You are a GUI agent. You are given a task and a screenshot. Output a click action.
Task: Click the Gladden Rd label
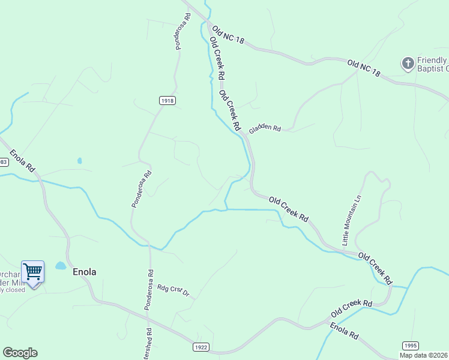click(x=265, y=128)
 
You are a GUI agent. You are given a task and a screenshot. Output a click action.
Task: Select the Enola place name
click(x=84, y=272)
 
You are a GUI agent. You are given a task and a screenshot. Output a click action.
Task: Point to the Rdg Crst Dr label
click(x=173, y=290)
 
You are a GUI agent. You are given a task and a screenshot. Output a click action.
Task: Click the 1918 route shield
click(x=167, y=101)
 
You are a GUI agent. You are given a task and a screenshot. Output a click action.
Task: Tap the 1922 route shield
click(x=201, y=347)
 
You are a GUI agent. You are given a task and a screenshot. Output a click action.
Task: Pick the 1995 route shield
click(x=410, y=345)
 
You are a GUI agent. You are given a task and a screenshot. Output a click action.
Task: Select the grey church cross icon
click(x=408, y=62)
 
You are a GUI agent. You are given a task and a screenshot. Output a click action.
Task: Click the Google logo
click(x=20, y=353)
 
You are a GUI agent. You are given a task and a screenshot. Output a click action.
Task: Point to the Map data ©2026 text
click(x=424, y=355)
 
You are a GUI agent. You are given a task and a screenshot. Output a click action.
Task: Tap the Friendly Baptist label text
click(x=432, y=64)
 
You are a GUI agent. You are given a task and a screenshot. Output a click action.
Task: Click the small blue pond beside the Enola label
click(x=61, y=265)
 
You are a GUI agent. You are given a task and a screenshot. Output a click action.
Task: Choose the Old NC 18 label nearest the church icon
click(x=364, y=67)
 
